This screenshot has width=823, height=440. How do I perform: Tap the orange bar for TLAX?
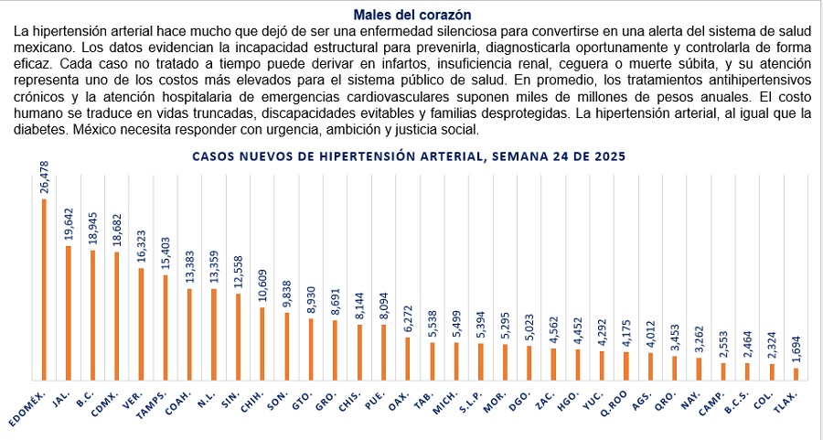click(x=796, y=373)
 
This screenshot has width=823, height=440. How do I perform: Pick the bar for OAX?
click(x=408, y=359)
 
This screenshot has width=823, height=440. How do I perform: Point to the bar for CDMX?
click(x=116, y=316)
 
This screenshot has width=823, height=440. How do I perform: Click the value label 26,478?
click(x=44, y=177)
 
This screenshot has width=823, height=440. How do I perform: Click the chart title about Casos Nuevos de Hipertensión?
click(x=409, y=156)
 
